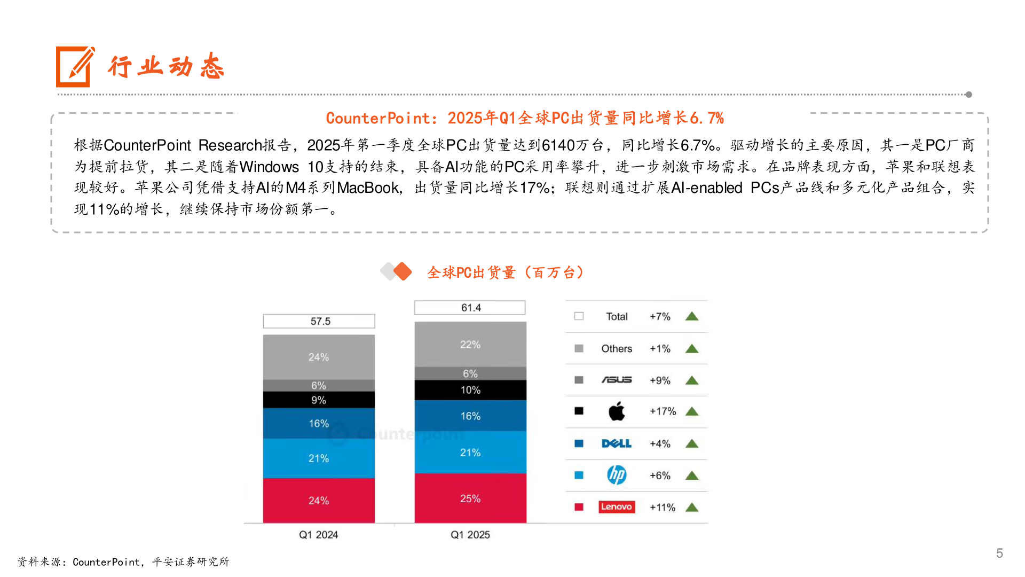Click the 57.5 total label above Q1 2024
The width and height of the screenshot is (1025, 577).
(x=319, y=321)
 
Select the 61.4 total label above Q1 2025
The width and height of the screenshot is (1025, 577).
(x=470, y=308)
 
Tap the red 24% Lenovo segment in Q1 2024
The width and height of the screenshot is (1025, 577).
(x=319, y=501)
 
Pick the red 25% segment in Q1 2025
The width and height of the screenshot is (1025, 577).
(x=470, y=498)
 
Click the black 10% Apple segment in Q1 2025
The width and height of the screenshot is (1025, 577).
(x=470, y=390)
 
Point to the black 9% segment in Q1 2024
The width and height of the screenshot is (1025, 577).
(x=319, y=400)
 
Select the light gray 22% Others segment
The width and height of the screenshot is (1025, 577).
(x=470, y=345)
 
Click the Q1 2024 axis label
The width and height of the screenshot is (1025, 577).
(x=318, y=535)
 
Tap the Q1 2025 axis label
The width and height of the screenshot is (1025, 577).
(x=470, y=535)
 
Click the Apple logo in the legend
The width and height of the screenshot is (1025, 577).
(x=617, y=411)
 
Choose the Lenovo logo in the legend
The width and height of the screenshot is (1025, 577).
(x=617, y=507)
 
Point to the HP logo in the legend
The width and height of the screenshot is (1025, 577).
(x=617, y=475)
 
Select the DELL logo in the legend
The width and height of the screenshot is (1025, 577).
(x=617, y=443)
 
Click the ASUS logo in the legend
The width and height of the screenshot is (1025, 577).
(x=617, y=380)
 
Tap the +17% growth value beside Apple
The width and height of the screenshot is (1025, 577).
(x=663, y=411)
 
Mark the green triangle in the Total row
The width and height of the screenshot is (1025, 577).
(x=692, y=316)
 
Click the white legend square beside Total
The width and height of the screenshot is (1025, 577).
(x=579, y=316)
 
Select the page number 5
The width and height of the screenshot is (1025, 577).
(x=999, y=553)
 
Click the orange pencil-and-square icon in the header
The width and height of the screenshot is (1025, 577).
(x=74, y=67)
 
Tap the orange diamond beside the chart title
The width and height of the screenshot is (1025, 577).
(x=403, y=271)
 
